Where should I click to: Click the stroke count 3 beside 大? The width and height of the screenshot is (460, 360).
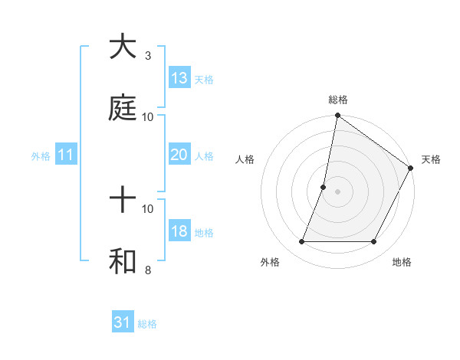pos(148,56)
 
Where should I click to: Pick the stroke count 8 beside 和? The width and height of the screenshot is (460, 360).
pos(148,270)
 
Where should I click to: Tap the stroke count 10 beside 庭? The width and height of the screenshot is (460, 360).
pos(148,116)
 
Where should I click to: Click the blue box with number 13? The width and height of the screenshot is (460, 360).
pos(179,78)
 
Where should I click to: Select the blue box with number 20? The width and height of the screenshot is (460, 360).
pos(179,155)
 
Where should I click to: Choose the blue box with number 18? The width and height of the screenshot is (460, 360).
pos(179,231)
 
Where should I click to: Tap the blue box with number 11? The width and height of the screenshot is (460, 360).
pos(66,155)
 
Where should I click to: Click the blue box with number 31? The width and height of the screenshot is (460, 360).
pos(123,322)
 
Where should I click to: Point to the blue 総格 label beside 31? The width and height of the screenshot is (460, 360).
pos(148,324)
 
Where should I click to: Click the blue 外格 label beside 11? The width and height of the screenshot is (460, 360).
pos(41,156)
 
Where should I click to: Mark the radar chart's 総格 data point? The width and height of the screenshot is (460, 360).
pos(337,116)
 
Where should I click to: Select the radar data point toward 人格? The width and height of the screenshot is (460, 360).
pos(324,187)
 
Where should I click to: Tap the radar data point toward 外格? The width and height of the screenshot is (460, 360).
pos(301,241)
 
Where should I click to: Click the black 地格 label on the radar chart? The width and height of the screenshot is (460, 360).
pos(402,263)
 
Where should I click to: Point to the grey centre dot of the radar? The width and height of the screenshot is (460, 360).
pos(337,191)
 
